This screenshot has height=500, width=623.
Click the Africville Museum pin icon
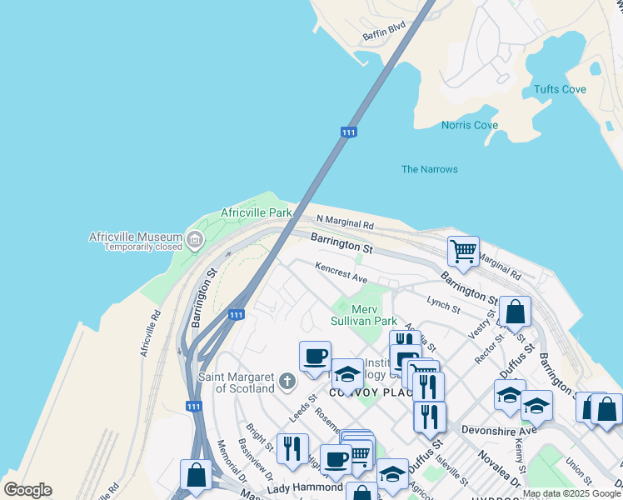point(195,242)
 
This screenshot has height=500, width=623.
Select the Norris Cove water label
point(470,126)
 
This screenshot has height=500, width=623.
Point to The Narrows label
point(430,169)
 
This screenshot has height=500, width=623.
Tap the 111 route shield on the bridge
point(349,132)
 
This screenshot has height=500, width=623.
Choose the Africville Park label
point(256,212)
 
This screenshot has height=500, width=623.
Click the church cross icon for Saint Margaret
point(287,382)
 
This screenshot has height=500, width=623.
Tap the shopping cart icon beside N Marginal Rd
point(463,249)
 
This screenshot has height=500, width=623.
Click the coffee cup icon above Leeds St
point(315,356)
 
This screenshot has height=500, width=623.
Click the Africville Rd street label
point(150,334)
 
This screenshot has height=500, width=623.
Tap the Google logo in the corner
point(27,490)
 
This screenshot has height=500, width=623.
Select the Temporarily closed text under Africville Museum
point(139,247)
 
